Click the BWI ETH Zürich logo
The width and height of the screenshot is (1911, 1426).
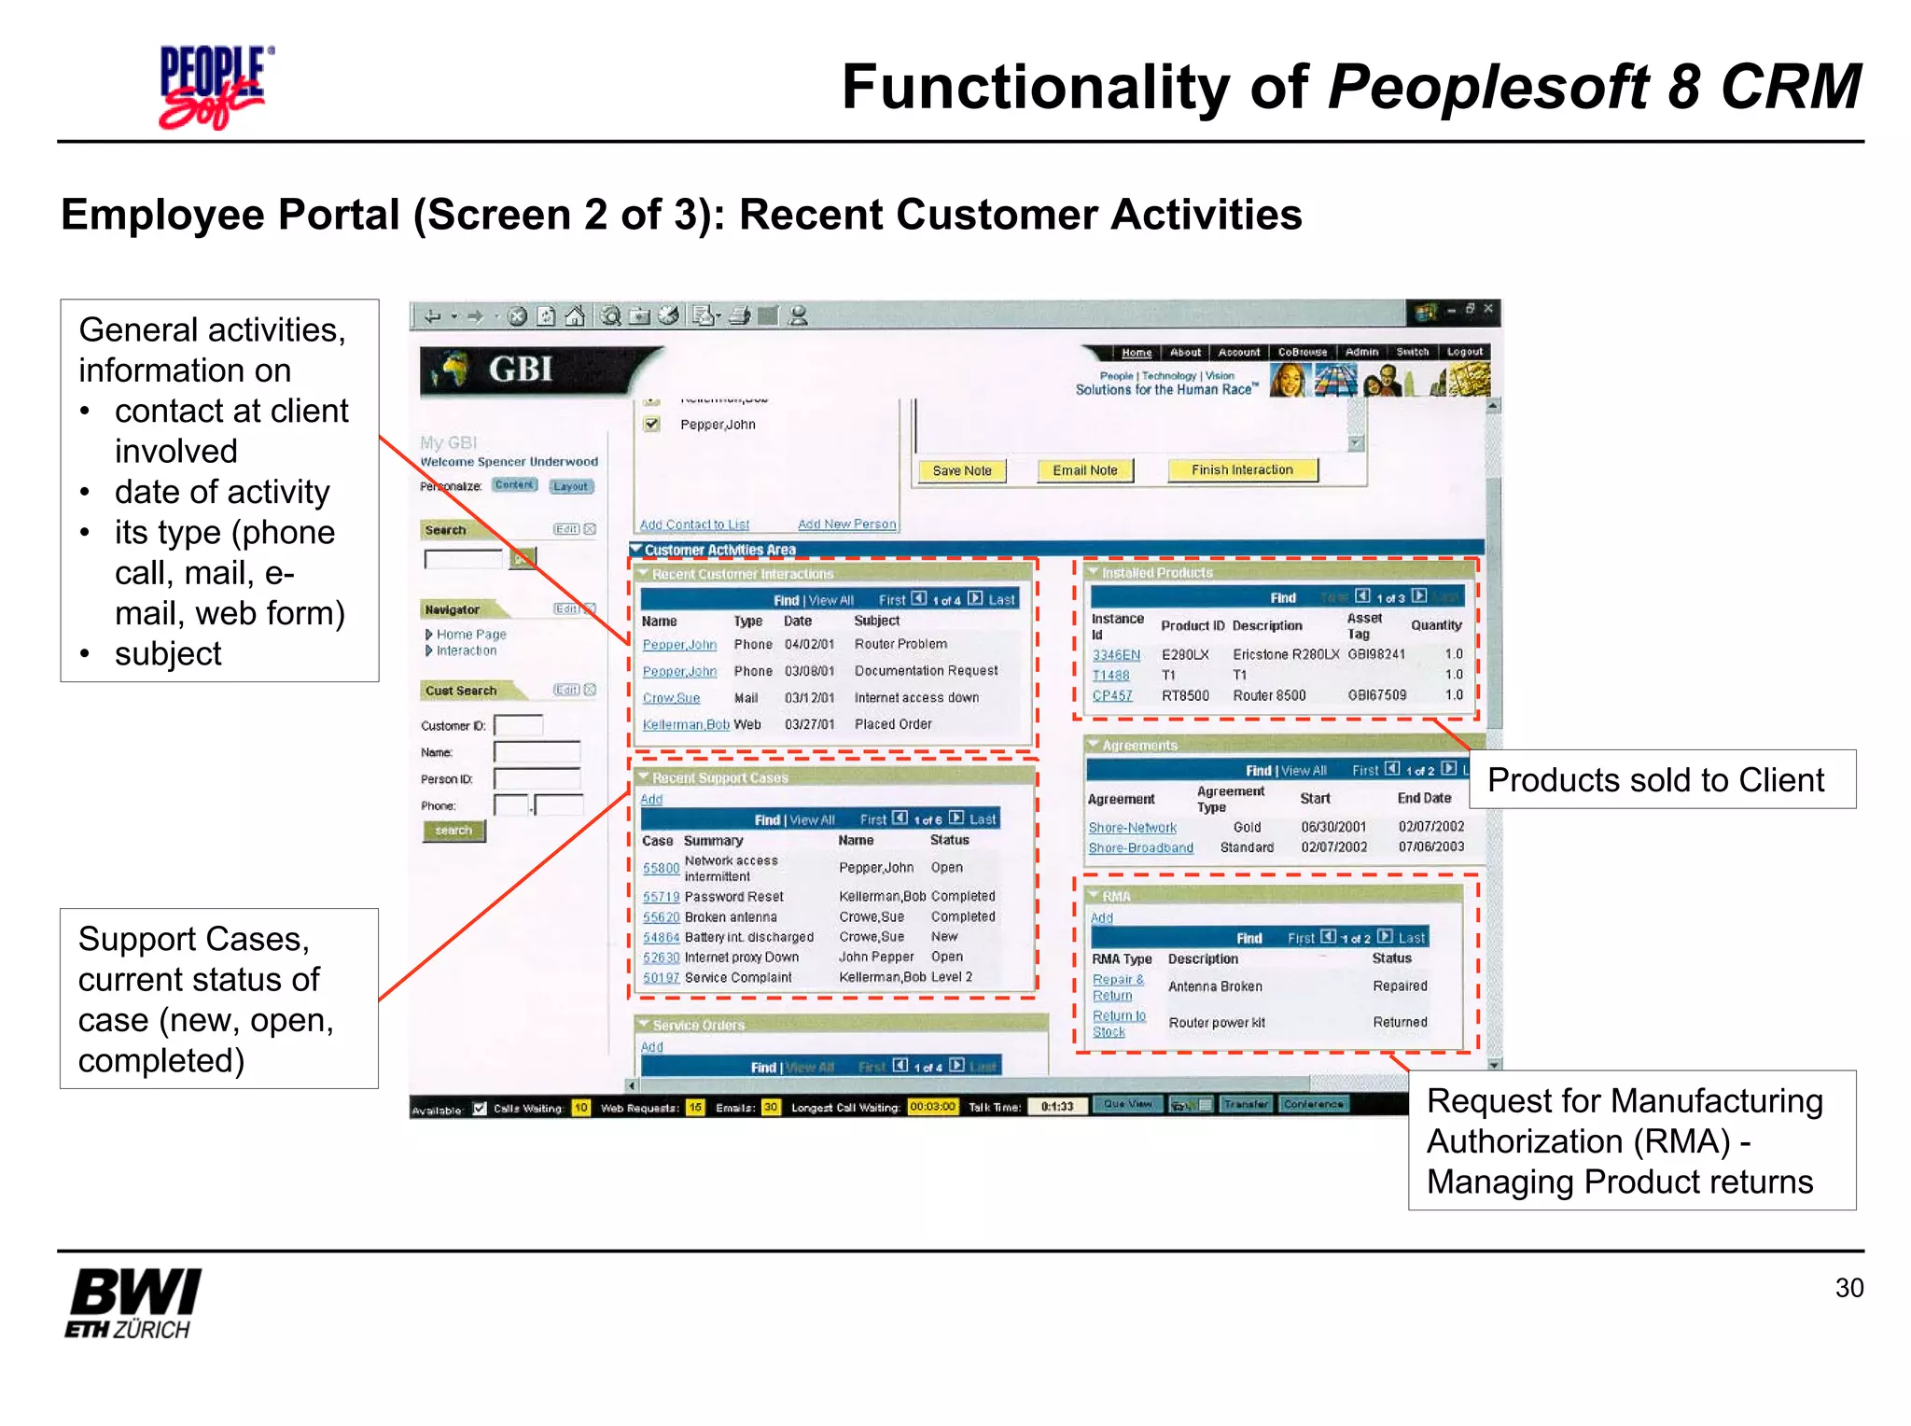click(133, 1303)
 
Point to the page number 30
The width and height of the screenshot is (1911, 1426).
click(1848, 1288)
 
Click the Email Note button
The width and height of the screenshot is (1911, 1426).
click(1084, 470)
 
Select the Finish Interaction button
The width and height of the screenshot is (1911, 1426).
click(1241, 469)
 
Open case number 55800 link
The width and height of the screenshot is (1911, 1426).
click(661, 868)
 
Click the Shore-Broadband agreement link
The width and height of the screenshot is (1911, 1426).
click(1140, 847)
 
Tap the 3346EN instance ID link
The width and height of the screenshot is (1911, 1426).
click(1116, 654)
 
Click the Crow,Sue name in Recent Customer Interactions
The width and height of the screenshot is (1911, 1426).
click(671, 698)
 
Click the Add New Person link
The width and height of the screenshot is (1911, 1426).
click(846, 524)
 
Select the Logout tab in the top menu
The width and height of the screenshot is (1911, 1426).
click(1464, 352)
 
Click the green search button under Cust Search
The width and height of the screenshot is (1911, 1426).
click(453, 831)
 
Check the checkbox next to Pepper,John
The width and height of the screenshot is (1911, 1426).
click(652, 425)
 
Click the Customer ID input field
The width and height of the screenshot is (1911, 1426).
click(518, 725)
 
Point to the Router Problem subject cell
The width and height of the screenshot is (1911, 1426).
click(900, 644)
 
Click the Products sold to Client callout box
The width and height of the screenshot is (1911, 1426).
click(1661, 779)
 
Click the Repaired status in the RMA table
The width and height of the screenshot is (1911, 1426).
click(1400, 986)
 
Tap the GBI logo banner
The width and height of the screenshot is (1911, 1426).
click(523, 370)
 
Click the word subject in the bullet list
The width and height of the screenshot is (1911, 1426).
click(168, 653)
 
